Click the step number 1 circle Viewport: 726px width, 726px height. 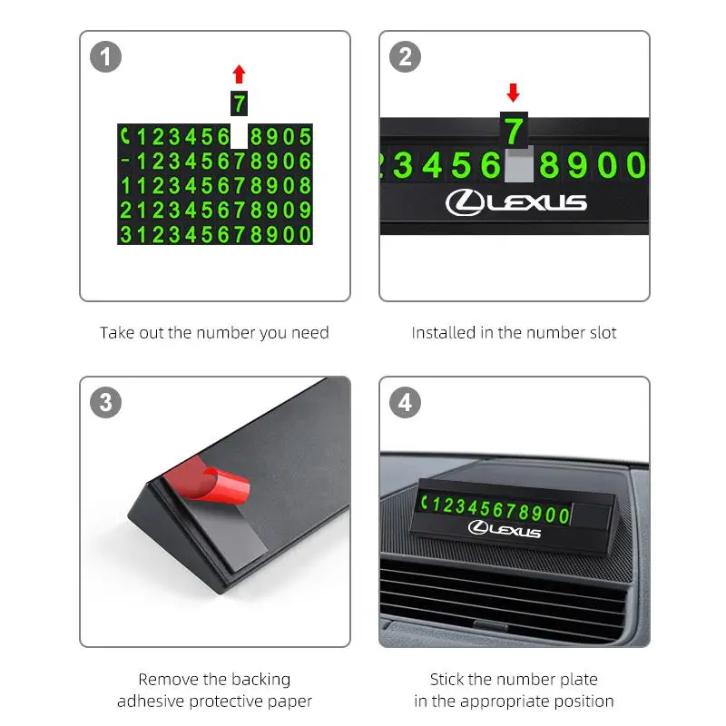coord(105,57)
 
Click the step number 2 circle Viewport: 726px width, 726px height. coord(405,57)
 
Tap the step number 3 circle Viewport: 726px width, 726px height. coord(105,402)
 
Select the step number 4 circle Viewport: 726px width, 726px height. coord(405,402)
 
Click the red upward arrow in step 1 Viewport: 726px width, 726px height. coord(239,74)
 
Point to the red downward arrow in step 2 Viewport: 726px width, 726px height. coord(513,93)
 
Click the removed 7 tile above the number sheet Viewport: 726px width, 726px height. coord(239,103)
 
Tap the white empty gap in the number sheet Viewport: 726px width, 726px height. coord(239,136)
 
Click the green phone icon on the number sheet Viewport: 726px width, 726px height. coord(125,136)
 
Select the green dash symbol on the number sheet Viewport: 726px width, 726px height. coord(125,161)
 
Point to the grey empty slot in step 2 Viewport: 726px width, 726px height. coord(518,164)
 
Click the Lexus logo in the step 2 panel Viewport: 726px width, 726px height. coord(515,202)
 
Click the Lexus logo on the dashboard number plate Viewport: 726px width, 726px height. coord(505,529)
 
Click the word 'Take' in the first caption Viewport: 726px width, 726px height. coord(117,332)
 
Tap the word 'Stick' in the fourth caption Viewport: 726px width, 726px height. coord(446,679)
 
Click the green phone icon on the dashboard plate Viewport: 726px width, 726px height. coord(424,502)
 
